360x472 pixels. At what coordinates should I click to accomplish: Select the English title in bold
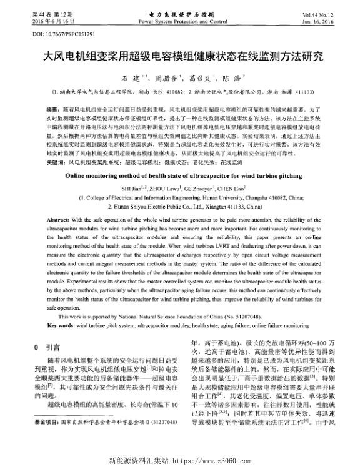(x=179, y=177)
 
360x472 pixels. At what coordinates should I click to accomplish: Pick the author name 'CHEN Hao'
(x=231, y=188)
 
